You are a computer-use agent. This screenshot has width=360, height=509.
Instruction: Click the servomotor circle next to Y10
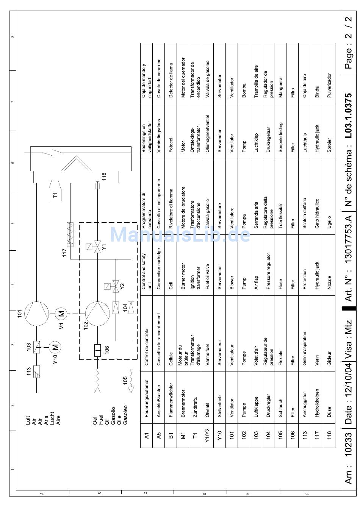coord(55,347)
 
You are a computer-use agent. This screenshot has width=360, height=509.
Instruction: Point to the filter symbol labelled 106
coord(97,350)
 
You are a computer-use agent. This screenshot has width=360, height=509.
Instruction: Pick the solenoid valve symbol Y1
coord(97,247)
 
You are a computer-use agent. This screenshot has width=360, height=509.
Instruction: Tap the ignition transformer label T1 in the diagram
coord(55,195)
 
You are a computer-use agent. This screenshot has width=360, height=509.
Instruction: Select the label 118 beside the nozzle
coord(104,177)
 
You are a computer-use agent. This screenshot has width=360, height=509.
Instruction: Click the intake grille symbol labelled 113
coord(36,371)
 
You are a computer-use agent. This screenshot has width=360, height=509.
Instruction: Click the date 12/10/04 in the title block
coord(349,394)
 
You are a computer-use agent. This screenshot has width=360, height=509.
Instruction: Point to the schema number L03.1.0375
coord(349,116)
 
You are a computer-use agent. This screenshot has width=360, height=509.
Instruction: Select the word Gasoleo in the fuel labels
coord(125,415)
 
